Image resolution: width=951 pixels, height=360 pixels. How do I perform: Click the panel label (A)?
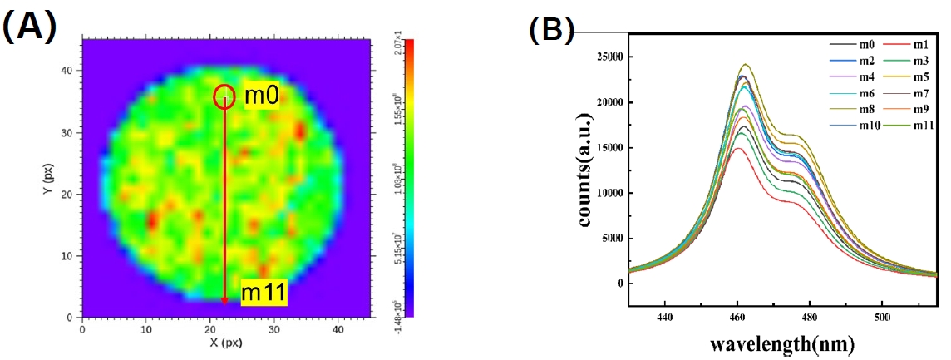29,27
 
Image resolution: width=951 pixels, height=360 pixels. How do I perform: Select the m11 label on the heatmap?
264,293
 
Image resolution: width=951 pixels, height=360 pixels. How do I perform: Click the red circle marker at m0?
224,97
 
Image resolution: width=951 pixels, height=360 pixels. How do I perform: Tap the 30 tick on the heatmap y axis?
71,133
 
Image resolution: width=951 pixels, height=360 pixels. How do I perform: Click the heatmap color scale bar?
408,177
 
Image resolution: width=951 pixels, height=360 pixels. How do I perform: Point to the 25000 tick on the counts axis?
614,57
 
